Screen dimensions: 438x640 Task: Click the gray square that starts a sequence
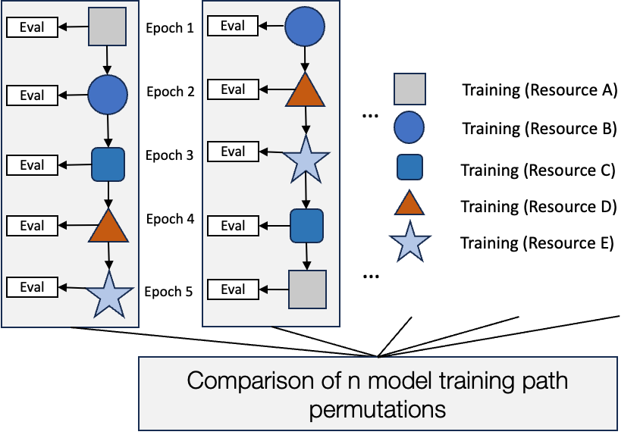click(108, 27)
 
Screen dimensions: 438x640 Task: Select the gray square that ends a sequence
click(307, 289)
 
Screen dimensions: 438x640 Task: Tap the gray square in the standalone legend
click(409, 89)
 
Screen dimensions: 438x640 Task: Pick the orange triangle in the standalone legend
click(409, 203)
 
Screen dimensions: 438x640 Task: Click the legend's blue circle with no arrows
click(409, 127)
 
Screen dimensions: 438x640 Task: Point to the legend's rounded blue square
click(409, 167)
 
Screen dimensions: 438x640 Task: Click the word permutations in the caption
click(377, 410)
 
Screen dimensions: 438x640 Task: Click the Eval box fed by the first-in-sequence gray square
click(32, 27)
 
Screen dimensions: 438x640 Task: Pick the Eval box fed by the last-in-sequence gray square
click(233, 289)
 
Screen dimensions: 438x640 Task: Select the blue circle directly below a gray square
click(108, 95)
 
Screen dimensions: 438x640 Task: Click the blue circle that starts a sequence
click(305, 27)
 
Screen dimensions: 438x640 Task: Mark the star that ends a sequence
click(109, 293)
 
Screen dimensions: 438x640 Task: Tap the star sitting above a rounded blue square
click(306, 159)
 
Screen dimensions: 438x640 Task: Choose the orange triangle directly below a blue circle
click(306, 91)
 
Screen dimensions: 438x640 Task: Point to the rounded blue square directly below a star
click(307, 225)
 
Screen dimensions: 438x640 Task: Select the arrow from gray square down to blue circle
click(108, 60)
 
